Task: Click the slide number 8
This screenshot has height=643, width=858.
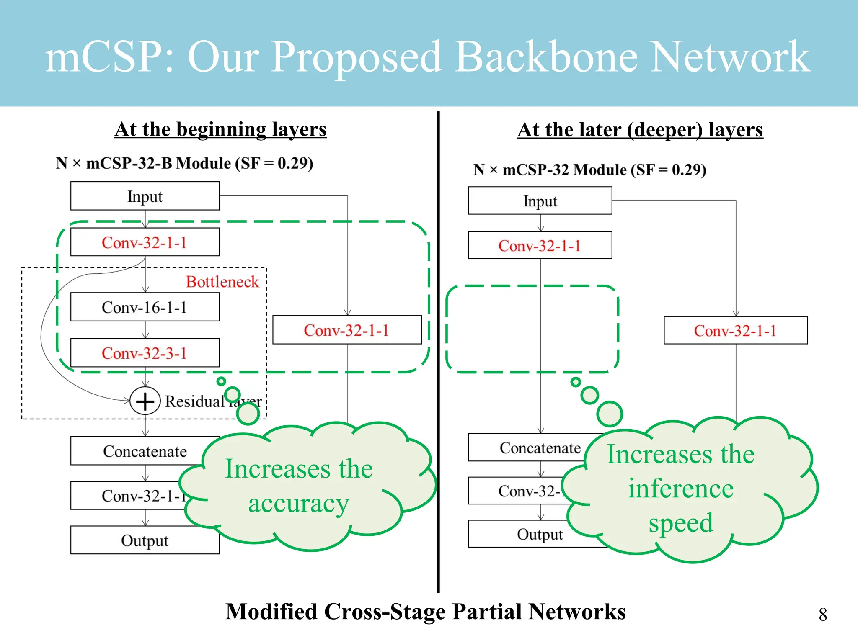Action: coord(822,615)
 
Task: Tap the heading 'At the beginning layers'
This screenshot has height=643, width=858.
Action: coord(220,129)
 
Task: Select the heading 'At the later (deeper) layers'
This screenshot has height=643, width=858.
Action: coord(640,130)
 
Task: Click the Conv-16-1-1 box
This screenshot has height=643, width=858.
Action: coord(145,307)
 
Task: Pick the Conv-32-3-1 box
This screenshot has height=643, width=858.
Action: coord(145,353)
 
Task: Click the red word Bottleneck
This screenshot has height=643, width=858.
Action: coord(222,282)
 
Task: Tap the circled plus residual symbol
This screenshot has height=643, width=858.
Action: coord(145,401)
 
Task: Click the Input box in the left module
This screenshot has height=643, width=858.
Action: coord(145,196)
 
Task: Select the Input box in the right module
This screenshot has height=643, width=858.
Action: coord(540,201)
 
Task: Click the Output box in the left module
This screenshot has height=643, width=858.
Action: coord(145,540)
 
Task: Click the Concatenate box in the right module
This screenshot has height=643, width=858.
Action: coord(528,448)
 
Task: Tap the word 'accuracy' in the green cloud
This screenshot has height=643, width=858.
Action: coord(298,504)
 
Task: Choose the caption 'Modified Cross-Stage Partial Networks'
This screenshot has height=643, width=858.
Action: coord(425,612)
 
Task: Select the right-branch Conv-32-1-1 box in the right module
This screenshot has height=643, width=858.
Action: coord(735,330)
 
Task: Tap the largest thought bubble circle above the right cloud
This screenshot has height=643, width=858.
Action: coord(609,414)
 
